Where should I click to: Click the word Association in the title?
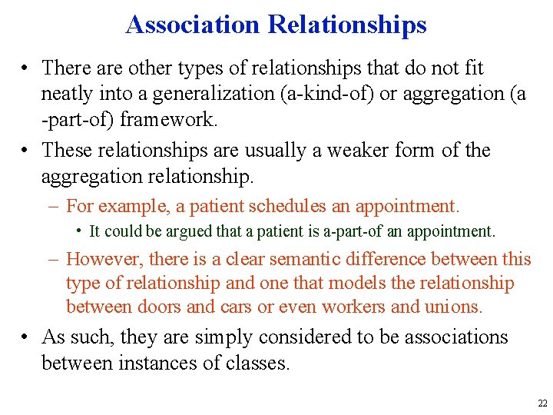tap(194, 25)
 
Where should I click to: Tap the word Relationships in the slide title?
tap(347, 25)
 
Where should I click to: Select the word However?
tap(102, 259)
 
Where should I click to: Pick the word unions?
tap(454, 307)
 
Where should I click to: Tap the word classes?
tap(257, 363)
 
